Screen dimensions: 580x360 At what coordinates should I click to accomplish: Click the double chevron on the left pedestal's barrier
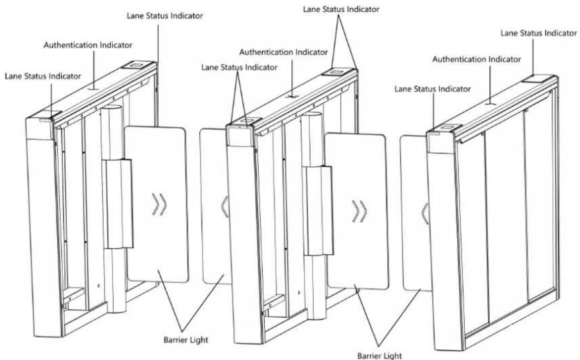coord(160,204)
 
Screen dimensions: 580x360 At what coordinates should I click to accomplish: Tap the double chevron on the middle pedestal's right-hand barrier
coord(359,212)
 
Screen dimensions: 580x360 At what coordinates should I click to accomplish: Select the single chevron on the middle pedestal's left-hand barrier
coord(224,207)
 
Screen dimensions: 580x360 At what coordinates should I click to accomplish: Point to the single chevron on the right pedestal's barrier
coord(424,214)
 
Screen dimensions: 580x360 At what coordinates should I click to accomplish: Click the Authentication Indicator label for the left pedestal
coord(88,45)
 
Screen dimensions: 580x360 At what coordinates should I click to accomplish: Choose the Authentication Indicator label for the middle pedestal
coord(283,53)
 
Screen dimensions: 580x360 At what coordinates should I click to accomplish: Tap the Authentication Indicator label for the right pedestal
coord(476,59)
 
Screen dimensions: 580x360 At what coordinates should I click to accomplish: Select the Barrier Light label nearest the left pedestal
coord(186,340)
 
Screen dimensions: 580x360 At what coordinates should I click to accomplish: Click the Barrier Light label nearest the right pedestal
coord(379,355)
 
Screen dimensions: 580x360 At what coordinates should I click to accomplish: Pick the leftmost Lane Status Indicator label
coord(43,76)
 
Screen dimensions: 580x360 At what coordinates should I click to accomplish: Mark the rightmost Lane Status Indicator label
coord(539,33)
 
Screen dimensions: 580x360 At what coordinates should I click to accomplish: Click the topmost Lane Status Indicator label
coord(341,9)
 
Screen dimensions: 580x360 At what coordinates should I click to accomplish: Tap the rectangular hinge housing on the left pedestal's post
coord(117,203)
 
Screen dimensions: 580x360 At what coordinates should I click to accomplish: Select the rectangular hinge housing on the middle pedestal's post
coord(318,211)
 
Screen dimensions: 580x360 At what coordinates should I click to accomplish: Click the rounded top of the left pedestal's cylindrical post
coord(111,108)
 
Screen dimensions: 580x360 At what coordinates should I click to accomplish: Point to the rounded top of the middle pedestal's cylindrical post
coord(311,115)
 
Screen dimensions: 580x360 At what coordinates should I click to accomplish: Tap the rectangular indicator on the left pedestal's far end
coord(137,65)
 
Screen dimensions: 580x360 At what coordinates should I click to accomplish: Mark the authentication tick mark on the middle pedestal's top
coord(292,96)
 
